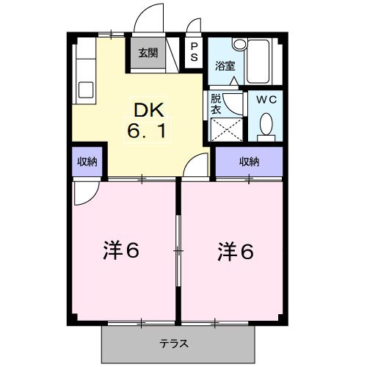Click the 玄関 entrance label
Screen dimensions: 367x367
point(148,53)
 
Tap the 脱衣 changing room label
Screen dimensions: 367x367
point(217,103)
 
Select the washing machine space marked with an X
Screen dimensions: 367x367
point(227,130)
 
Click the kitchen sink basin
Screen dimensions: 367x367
point(86,91)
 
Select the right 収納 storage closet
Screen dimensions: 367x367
point(249,162)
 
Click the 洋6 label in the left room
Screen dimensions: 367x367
point(120,251)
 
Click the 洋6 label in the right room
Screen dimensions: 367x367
point(234,251)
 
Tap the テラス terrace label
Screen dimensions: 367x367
point(175,343)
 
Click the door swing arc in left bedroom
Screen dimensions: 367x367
point(87,193)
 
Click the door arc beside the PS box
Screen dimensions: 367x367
point(193,27)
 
